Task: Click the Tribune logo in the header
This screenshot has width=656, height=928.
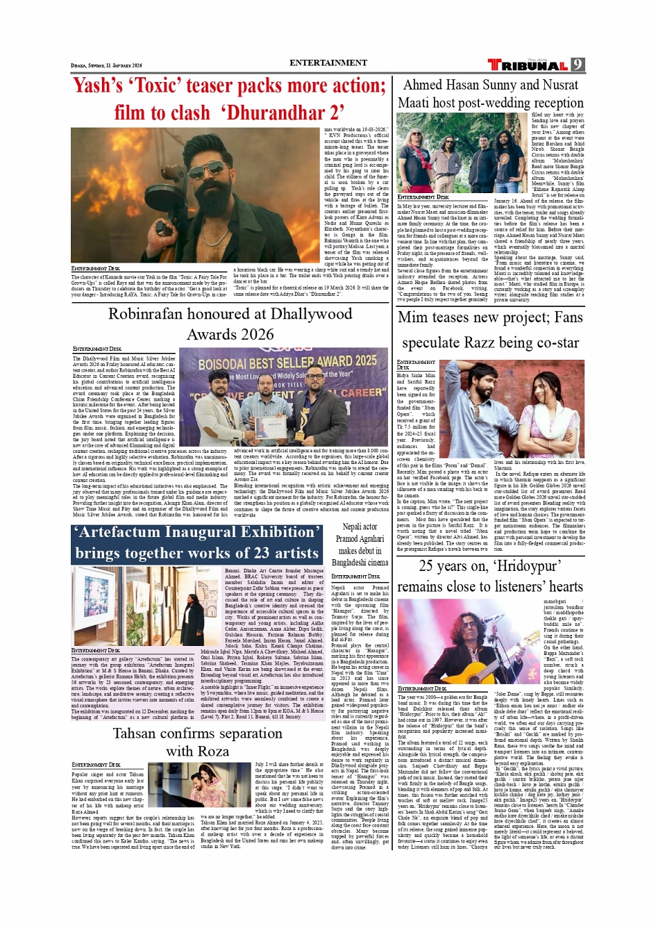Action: click(528, 65)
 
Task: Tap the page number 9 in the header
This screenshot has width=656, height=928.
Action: click(578, 65)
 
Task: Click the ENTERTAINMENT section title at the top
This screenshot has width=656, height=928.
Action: click(328, 63)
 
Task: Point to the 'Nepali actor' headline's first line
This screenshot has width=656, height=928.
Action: click(360, 527)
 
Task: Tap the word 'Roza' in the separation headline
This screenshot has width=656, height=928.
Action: click(213, 752)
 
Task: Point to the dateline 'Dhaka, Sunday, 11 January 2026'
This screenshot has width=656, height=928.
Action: click(96, 66)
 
